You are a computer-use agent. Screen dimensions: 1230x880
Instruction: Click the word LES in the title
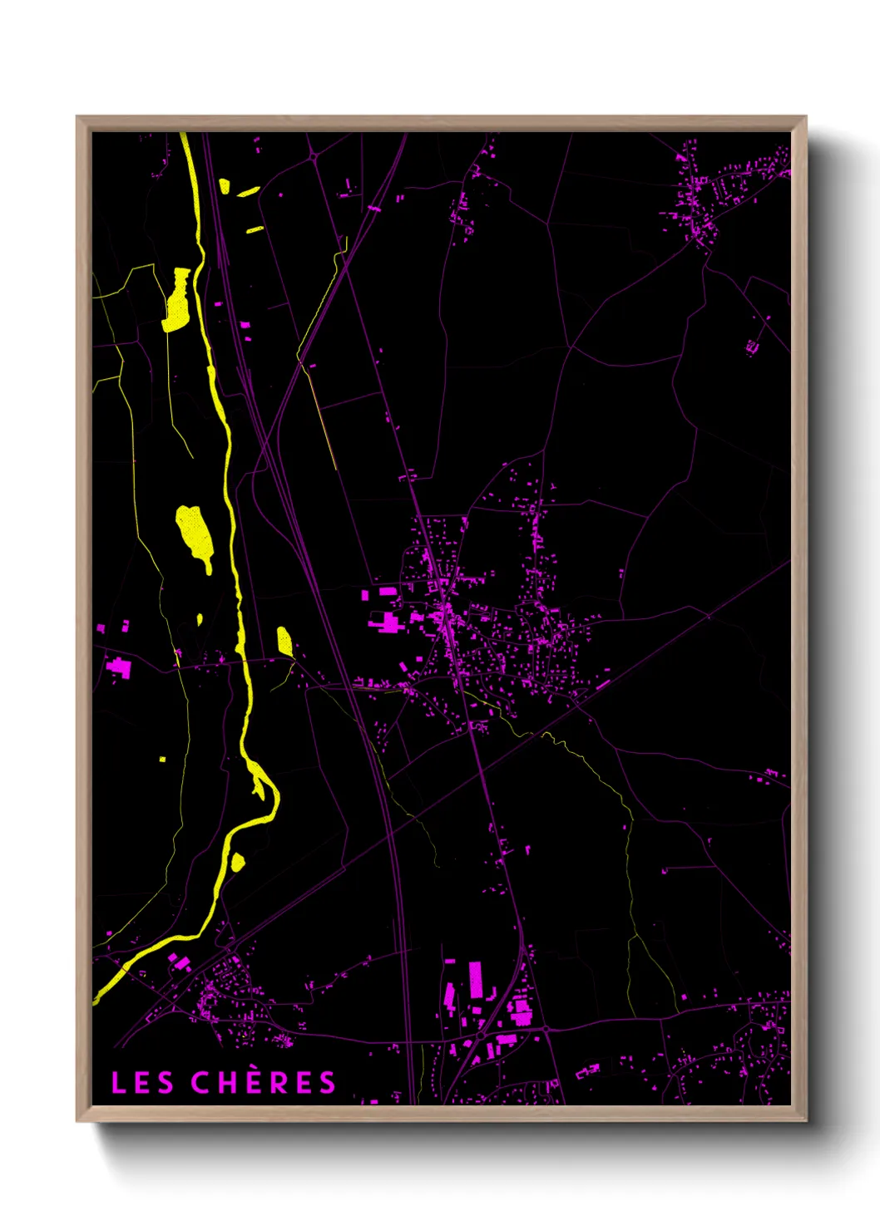[142, 1083]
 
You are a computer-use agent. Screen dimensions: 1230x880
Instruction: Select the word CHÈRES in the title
[263, 1083]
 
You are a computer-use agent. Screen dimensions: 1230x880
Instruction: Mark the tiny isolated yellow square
[162, 759]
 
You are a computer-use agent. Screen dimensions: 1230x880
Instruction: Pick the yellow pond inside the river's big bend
[238, 862]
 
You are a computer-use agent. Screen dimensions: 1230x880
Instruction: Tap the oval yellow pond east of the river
[284, 642]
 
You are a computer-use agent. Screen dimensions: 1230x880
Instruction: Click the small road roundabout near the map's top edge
[314, 155]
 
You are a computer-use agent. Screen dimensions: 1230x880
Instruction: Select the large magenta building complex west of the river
[120, 667]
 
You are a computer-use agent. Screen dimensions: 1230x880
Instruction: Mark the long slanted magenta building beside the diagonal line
[603, 685]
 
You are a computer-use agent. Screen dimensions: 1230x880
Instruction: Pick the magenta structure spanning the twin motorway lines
[374, 209]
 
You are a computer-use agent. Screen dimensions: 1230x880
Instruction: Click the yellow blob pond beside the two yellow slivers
[224, 186]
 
